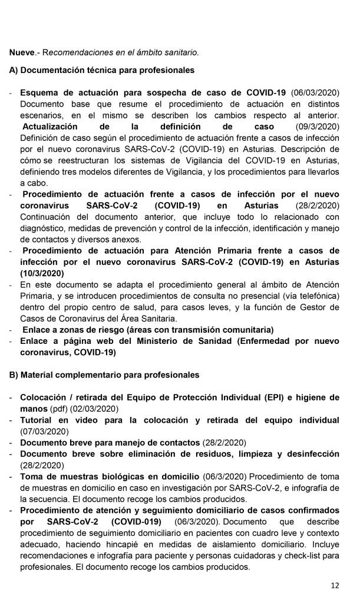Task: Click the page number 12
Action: (335, 585)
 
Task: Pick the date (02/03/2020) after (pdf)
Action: (95, 408)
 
